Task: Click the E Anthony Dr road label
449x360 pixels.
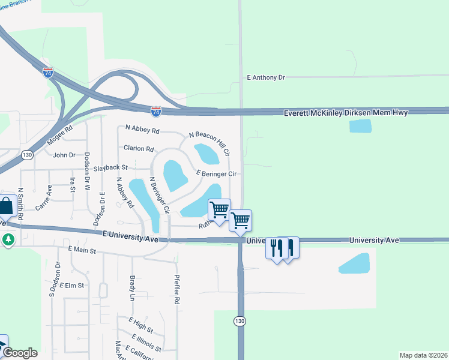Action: click(x=265, y=77)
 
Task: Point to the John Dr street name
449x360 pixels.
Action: click(x=64, y=155)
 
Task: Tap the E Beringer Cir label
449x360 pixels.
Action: click(x=218, y=173)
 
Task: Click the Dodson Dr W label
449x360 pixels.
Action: click(x=88, y=171)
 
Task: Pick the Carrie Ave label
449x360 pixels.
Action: click(x=43, y=197)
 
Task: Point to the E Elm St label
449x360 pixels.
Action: click(x=74, y=286)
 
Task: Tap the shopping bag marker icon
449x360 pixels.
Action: click(x=6, y=206)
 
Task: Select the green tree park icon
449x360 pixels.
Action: click(x=8, y=239)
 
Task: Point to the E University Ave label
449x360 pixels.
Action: click(x=130, y=236)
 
